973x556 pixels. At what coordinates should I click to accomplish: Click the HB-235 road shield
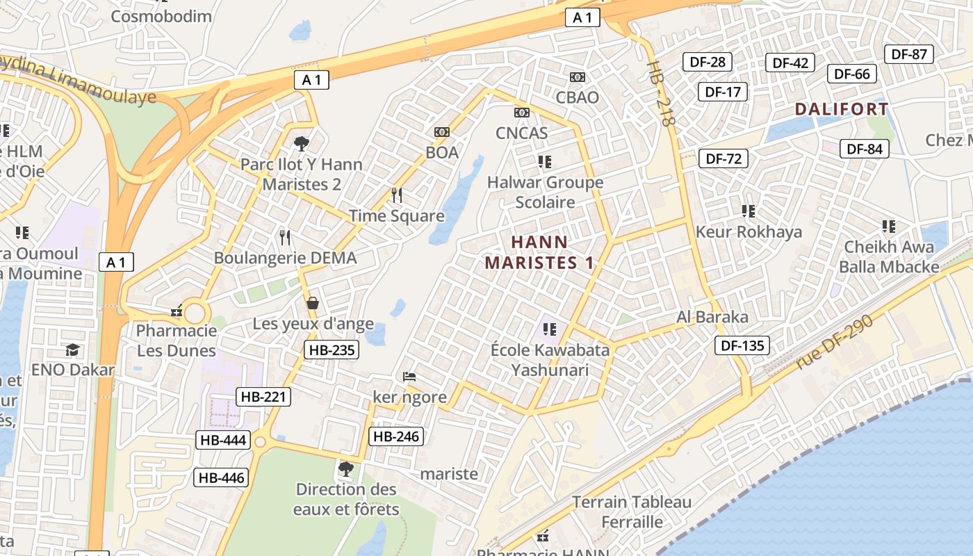(x=332, y=350)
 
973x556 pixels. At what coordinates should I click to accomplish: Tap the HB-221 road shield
(x=263, y=397)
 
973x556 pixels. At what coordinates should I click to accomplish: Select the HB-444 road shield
(x=223, y=439)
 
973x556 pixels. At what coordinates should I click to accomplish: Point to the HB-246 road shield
(x=396, y=436)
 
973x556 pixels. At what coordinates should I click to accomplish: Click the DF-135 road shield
(x=742, y=345)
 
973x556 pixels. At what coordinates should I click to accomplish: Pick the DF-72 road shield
(x=723, y=158)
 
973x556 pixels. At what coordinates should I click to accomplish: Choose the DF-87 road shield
(x=909, y=54)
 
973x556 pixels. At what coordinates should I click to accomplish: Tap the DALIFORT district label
(x=842, y=109)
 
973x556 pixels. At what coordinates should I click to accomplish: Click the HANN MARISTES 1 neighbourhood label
(x=540, y=252)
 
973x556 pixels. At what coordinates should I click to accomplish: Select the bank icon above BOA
(x=441, y=132)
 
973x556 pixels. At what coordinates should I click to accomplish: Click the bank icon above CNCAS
(x=521, y=113)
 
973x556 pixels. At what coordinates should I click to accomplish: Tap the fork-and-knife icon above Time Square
(x=397, y=195)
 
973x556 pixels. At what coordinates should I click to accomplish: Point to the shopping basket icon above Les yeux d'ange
(x=313, y=303)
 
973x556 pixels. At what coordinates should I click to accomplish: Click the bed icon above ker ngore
(x=409, y=377)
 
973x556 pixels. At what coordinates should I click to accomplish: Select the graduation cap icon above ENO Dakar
(x=72, y=349)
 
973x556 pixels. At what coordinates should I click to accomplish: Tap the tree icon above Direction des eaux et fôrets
(x=345, y=469)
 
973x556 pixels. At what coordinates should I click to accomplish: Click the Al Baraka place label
(x=712, y=318)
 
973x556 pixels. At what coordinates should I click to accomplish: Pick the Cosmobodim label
(x=161, y=15)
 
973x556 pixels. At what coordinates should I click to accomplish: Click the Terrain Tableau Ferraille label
(x=632, y=512)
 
